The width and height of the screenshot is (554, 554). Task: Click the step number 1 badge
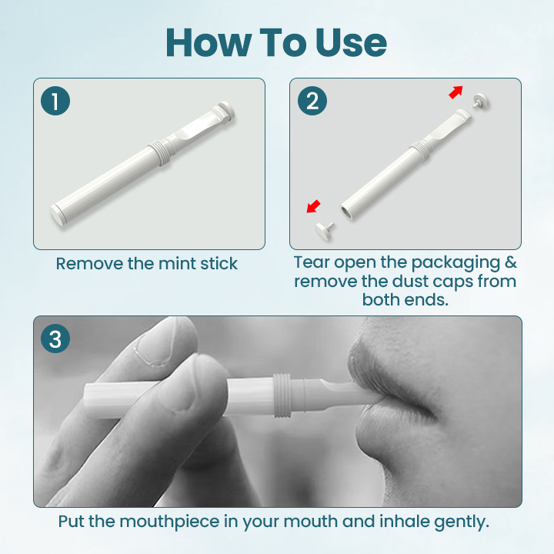pos(55,101)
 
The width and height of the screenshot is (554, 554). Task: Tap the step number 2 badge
pos(312,101)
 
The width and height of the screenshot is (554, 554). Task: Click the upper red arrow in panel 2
pos(456,92)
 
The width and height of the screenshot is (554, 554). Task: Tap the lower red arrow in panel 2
pos(314,205)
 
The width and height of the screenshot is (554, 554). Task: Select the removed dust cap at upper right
pos(482,102)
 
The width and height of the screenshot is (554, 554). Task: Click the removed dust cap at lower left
pos(324,229)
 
